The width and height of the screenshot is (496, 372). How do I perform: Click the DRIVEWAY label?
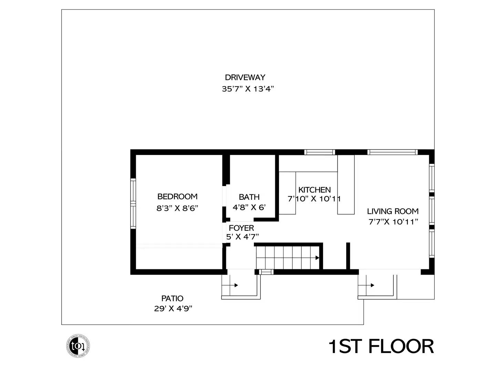pyautogui.click(x=245, y=77)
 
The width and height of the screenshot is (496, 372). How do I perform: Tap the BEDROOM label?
pyautogui.click(x=177, y=197)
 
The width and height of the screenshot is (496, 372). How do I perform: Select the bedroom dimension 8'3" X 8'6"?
pyautogui.click(x=177, y=208)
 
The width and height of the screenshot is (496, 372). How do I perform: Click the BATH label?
pyautogui.click(x=249, y=197)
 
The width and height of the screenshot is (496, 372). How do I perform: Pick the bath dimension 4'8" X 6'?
pyautogui.click(x=249, y=208)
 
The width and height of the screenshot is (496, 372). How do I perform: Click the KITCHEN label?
pyautogui.click(x=314, y=190)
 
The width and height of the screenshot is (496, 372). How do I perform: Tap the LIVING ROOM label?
pyautogui.click(x=393, y=211)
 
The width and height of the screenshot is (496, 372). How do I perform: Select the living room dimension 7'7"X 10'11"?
pyautogui.click(x=393, y=222)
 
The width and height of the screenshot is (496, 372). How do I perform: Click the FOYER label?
pyautogui.click(x=241, y=228)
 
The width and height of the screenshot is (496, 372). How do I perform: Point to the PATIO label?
pyautogui.click(x=172, y=298)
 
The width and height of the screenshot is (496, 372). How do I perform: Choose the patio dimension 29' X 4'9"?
pyautogui.click(x=173, y=309)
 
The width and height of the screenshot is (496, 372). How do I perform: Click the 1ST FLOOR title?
pyautogui.click(x=381, y=347)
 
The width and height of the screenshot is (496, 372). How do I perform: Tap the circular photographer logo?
pyautogui.click(x=78, y=345)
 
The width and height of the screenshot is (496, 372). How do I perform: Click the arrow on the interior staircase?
pyautogui.click(x=317, y=258)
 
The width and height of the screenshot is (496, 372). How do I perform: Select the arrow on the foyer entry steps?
pyautogui.click(x=236, y=285)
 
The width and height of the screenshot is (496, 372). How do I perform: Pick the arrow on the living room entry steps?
pyautogui.click(x=372, y=285)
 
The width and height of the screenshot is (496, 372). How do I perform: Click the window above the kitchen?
pyautogui.click(x=319, y=152)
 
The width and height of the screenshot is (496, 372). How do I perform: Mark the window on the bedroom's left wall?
pyautogui.click(x=133, y=203)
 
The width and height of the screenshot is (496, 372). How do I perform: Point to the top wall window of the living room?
pyautogui.click(x=392, y=152)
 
